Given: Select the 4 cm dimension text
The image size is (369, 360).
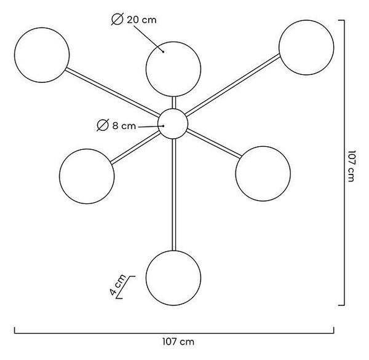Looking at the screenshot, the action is [117, 285].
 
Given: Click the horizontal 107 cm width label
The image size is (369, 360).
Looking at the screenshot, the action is [178, 342].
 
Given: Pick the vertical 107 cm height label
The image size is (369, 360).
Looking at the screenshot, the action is [351, 166].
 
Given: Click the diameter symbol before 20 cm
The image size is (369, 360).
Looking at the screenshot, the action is [117, 19].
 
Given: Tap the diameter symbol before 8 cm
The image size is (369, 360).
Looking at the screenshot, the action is [103, 125].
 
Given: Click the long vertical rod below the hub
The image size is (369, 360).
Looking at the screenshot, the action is [174, 195].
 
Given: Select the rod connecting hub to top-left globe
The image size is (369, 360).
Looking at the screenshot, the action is [113, 92].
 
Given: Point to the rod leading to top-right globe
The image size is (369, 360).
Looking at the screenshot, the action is [232, 85].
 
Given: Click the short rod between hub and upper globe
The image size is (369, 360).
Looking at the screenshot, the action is [174, 103].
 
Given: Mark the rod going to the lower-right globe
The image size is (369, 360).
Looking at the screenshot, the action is [214, 144].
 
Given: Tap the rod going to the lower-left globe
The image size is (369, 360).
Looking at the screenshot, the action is [135, 147].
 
